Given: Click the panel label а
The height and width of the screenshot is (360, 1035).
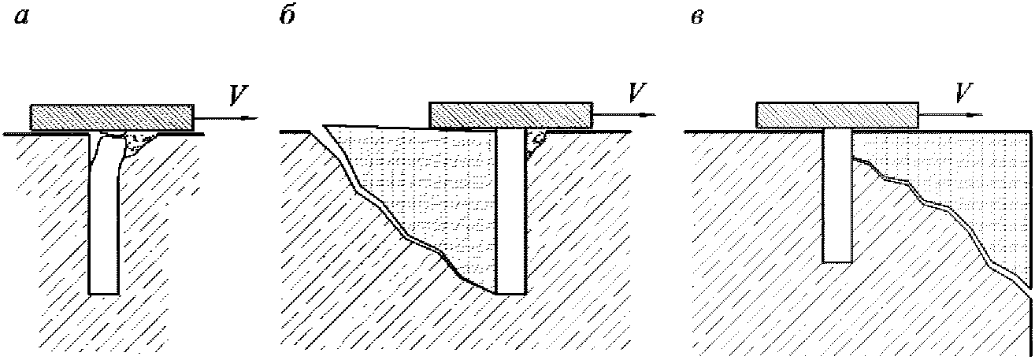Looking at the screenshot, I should click(21, 19).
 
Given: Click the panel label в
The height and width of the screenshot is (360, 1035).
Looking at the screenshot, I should click(696, 19).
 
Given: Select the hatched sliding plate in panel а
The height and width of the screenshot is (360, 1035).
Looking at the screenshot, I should click(111, 117).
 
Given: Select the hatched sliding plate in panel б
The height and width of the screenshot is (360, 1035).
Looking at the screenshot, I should click(510, 114).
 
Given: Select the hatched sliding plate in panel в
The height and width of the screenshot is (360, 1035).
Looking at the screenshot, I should click(837, 115).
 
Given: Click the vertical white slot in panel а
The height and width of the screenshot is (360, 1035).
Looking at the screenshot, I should click(103, 221).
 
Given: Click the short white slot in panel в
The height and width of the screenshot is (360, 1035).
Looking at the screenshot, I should click(837, 197).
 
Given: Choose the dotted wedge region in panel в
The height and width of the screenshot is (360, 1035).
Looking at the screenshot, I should click(969, 181).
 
